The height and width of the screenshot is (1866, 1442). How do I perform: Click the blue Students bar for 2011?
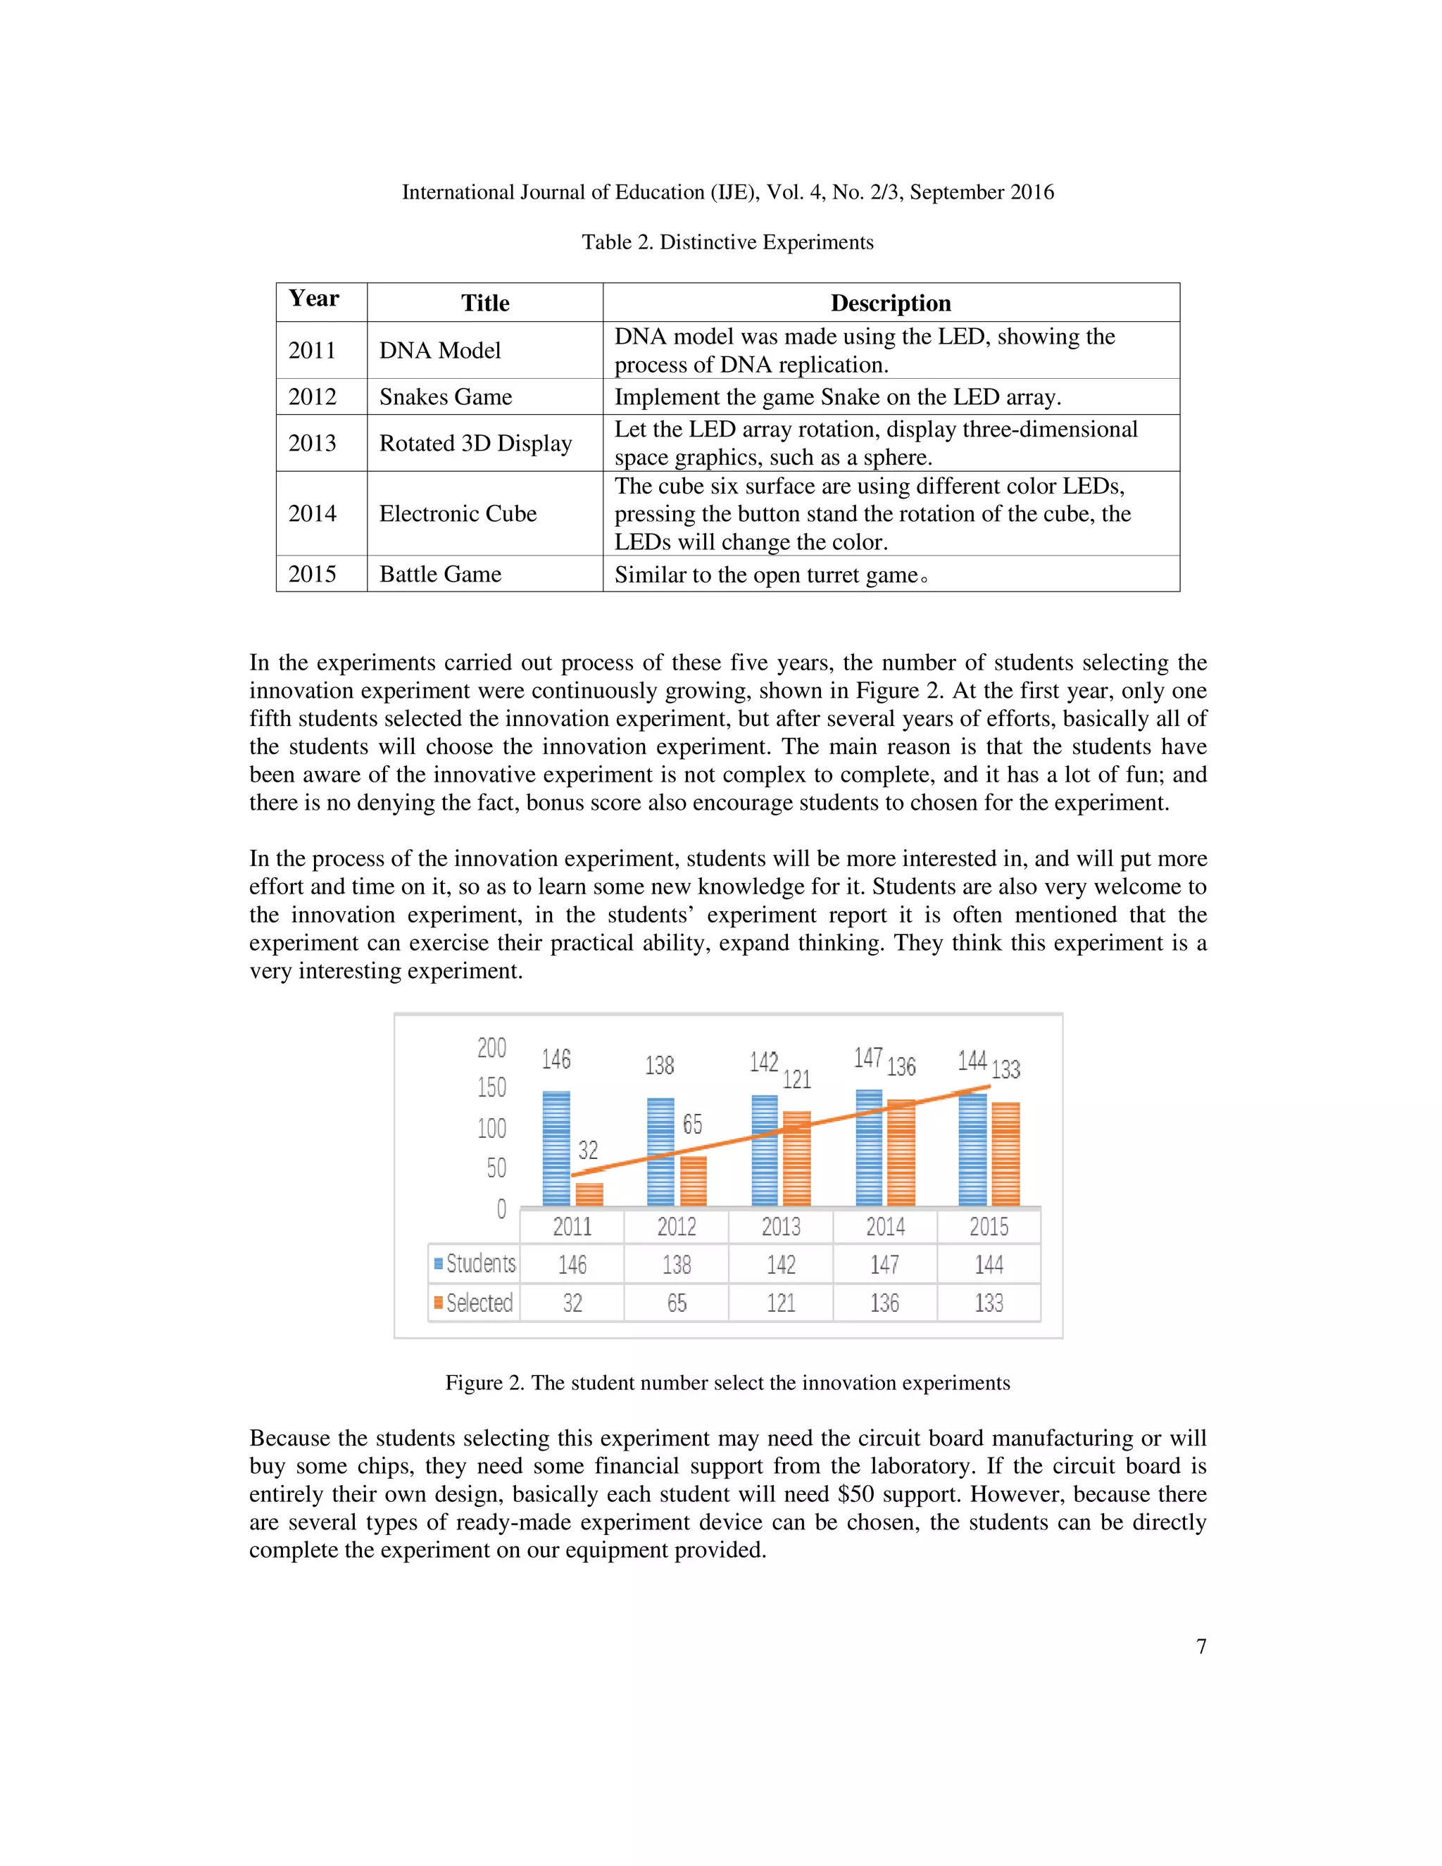pyautogui.click(x=556, y=1148)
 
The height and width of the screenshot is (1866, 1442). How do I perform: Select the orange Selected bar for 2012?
pyautogui.click(x=694, y=1181)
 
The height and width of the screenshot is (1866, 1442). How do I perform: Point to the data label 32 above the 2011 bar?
pyautogui.click(x=588, y=1150)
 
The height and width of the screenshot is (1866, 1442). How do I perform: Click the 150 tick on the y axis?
pyautogui.click(x=492, y=1088)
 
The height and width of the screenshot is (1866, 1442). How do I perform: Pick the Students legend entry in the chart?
pyautogui.click(x=475, y=1264)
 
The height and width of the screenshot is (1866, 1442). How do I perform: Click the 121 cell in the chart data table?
pyautogui.click(x=781, y=1303)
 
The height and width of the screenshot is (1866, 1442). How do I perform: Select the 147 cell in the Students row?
pyautogui.click(x=884, y=1265)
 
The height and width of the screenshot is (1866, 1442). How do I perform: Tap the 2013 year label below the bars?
pyautogui.click(x=781, y=1227)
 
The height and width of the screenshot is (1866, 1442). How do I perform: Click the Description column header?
pyautogui.click(x=891, y=303)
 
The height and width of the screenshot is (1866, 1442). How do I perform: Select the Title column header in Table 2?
pyautogui.click(x=485, y=303)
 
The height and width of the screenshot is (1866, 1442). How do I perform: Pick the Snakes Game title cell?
pyautogui.click(x=446, y=397)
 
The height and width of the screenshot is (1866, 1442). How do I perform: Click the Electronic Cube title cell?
pyautogui.click(x=458, y=513)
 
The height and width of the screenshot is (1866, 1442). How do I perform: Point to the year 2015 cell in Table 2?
pyautogui.click(x=313, y=574)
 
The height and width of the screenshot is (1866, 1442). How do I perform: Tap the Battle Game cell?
pyautogui.click(x=440, y=574)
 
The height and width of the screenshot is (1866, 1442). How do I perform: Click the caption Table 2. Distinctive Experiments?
pyautogui.click(x=728, y=243)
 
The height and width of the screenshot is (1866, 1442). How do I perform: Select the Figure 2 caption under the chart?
pyautogui.click(x=728, y=1383)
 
